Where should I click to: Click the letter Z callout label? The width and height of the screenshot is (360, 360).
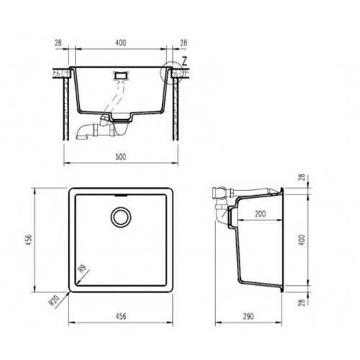click(x=184, y=61)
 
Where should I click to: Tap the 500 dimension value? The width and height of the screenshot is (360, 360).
click(x=121, y=157)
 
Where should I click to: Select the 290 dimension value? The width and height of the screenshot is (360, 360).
click(x=248, y=317)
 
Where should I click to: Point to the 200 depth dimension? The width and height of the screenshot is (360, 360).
click(x=260, y=214)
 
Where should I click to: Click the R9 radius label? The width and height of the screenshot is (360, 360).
click(x=82, y=269)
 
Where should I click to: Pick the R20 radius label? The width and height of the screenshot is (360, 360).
click(x=54, y=300)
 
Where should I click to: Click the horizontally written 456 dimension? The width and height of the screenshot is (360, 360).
click(x=121, y=316)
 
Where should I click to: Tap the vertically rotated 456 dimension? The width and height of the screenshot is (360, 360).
click(x=29, y=240)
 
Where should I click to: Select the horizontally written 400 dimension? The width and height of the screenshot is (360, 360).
click(x=121, y=42)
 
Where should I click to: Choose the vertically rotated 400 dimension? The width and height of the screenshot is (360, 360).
click(x=302, y=240)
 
